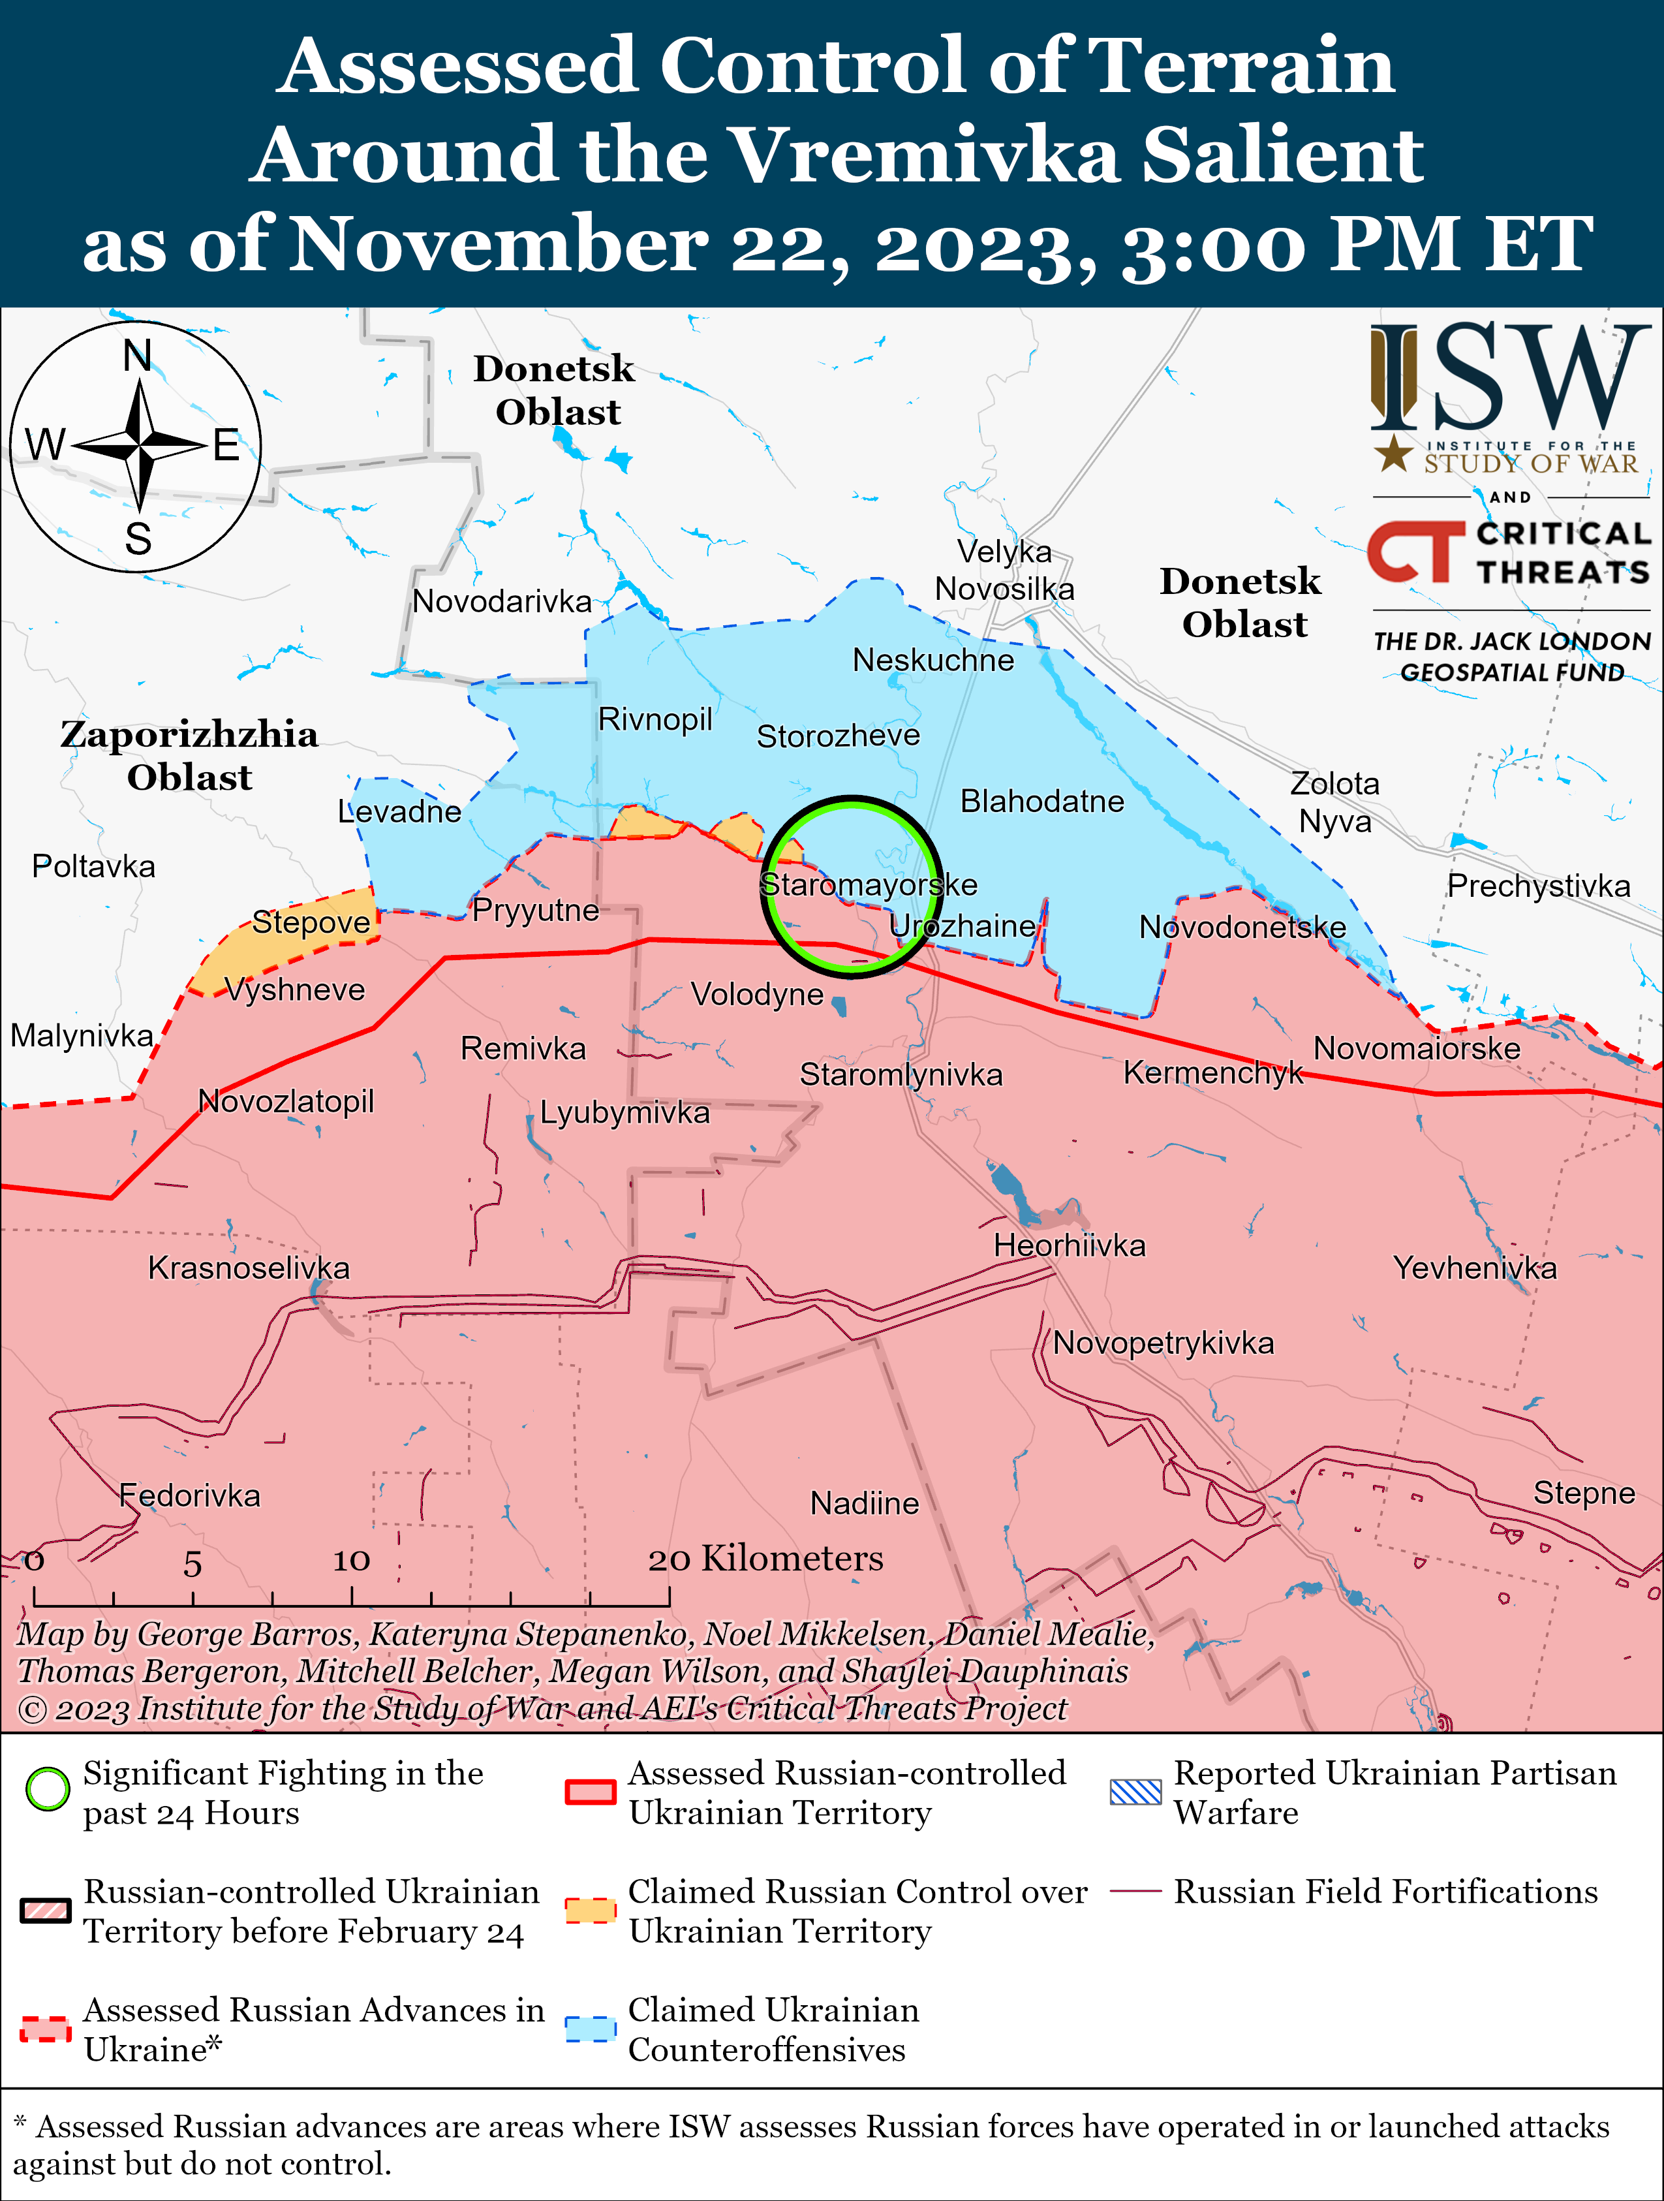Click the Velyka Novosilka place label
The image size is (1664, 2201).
pos(1004,570)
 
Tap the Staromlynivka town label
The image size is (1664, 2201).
pos(901,1074)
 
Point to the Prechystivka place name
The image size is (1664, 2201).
pos(1537,886)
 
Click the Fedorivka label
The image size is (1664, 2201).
pos(189,1495)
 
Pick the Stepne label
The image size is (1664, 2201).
pos(1584,1493)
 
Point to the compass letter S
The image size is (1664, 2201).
pos(138,539)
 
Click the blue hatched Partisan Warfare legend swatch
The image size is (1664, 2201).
pos(1135,1792)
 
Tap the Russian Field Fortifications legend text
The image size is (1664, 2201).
pos(1385,1892)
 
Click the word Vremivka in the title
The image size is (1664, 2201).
pos(927,155)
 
